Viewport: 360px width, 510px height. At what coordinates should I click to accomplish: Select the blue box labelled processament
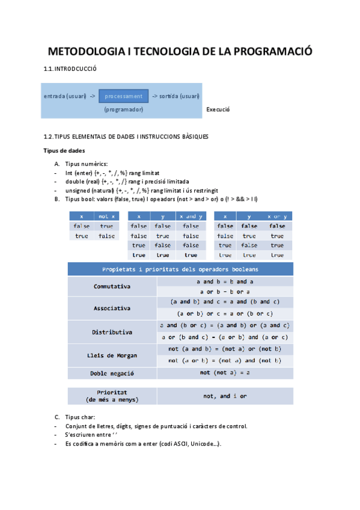pyautogui.click(x=123, y=96)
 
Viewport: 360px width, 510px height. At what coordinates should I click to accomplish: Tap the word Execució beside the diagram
pyautogui.click(x=218, y=109)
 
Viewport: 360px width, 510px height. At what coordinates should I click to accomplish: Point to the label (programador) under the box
pyautogui.click(x=123, y=109)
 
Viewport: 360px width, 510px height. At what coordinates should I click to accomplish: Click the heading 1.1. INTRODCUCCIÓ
pyautogui.click(x=70, y=69)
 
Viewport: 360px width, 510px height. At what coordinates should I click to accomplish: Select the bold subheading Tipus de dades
pyautogui.click(x=64, y=150)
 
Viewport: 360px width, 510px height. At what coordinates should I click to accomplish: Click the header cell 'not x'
pyautogui.click(x=106, y=216)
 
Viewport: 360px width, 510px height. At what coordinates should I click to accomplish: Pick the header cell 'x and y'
pyautogui.click(x=191, y=216)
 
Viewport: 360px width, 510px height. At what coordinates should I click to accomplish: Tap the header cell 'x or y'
pyautogui.click(x=277, y=216)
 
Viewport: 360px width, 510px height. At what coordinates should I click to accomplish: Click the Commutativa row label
pyautogui.click(x=112, y=286)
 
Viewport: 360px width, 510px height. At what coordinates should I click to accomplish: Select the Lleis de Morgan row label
pyautogui.click(x=112, y=355)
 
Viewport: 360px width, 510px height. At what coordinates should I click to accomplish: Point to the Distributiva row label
pyautogui.click(x=112, y=331)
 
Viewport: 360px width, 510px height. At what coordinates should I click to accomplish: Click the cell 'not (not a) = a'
pyautogui.click(x=225, y=373)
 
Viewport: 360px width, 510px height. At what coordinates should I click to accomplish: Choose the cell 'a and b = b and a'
pyautogui.click(x=225, y=281)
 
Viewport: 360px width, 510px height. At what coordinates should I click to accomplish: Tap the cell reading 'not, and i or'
pyautogui.click(x=225, y=396)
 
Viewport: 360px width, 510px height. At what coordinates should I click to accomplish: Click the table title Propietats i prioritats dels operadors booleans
pyautogui.click(x=180, y=269)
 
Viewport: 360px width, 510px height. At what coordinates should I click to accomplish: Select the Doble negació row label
pyautogui.click(x=112, y=373)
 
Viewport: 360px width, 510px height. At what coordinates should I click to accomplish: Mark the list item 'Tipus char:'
pyautogui.click(x=80, y=417)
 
